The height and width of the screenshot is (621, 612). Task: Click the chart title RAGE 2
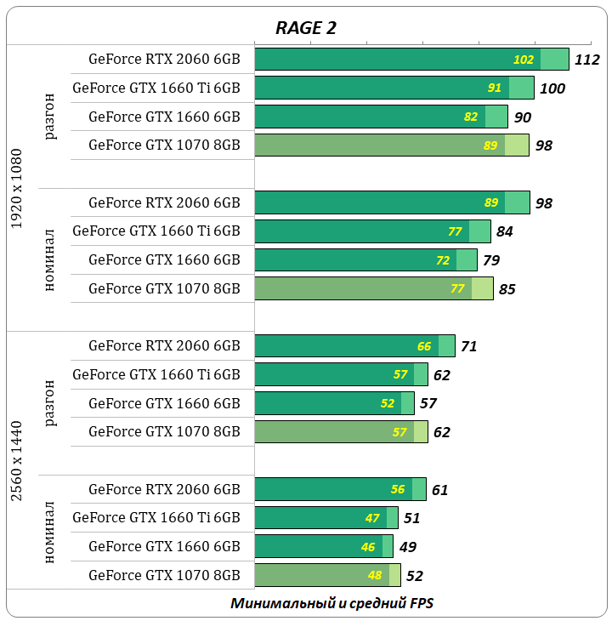pos(306,27)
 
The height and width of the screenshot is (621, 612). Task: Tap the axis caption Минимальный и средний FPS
pos(332,603)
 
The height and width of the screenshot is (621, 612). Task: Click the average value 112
pos(587,60)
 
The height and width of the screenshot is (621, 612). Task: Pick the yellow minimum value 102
pos(524,60)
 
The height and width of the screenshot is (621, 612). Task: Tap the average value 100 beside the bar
pos(552,88)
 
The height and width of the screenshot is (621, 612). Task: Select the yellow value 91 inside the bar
pos(495,88)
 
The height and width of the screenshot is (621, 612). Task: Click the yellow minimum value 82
pos(471,117)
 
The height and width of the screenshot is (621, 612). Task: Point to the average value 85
pos(507,289)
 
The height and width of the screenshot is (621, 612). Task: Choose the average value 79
pos(491,260)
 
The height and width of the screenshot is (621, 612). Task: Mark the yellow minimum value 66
pos(424,346)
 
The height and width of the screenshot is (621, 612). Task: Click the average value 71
pos(469,346)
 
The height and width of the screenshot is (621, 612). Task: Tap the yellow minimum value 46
pos(367,547)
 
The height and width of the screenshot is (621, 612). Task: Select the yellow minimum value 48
pos(375,576)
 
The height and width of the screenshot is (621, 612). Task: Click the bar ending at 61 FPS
pos(340,489)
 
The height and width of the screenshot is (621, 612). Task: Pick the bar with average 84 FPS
pos(372,231)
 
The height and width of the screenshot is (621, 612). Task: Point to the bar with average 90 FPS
pos(381,117)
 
